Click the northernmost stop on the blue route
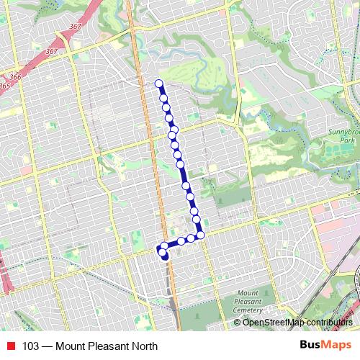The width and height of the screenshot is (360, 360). point(159,83)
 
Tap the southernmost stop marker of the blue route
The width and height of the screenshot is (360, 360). point(166,257)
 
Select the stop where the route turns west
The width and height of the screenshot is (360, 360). point(201,235)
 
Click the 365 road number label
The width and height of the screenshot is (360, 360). point(5,86)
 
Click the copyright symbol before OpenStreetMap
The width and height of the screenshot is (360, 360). point(238,322)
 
